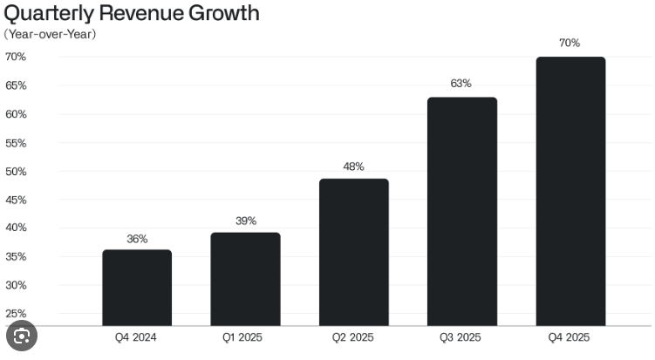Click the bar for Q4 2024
[137, 288]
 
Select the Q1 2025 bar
[245, 279]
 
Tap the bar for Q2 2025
[354, 252]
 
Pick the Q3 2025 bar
[462, 211]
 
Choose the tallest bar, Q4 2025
[570, 191]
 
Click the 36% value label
[137, 239]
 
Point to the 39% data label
[246, 221]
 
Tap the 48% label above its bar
[353, 166]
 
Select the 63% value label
[461, 84]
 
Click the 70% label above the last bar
[570, 43]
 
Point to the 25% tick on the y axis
[16, 313]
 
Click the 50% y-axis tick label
[16, 171]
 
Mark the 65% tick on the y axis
[16, 85]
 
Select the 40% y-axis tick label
[16, 228]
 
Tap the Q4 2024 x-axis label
[136, 337]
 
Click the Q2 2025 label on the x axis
[353, 337]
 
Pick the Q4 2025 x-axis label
[569, 337]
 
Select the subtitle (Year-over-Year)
[50, 34]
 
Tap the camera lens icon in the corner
[22, 336]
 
